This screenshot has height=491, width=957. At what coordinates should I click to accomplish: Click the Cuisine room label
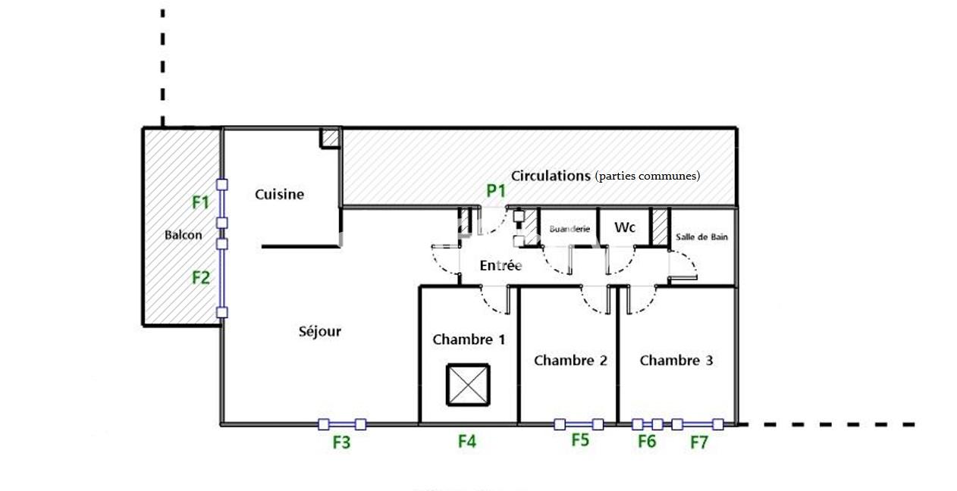click(x=279, y=195)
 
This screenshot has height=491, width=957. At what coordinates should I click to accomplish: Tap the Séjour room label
click(x=320, y=331)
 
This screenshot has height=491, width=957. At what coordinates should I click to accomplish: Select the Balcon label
click(x=184, y=235)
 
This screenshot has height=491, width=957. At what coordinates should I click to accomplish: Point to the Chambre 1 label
click(x=469, y=339)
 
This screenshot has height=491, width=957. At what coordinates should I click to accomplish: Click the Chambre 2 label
click(x=570, y=360)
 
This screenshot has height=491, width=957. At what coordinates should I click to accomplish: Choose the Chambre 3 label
click(x=676, y=360)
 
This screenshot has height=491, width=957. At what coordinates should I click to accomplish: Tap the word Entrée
click(x=500, y=266)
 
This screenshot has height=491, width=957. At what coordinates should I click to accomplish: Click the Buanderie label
click(x=569, y=228)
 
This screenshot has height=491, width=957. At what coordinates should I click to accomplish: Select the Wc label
click(x=625, y=227)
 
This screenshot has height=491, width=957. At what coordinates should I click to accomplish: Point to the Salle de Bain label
click(x=701, y=237)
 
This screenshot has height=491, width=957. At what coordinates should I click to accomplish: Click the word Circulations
click(x=551, y=176)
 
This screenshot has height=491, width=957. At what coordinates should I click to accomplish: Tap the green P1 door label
click(x=496, y=191)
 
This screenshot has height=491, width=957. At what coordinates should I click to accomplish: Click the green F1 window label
click(x=200, y=202)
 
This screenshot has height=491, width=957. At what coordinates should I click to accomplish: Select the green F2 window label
click(x=200, y=277)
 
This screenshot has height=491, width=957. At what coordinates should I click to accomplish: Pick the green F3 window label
click(x=342, y=443)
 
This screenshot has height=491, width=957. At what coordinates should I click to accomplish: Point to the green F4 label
click(x=467, y=440)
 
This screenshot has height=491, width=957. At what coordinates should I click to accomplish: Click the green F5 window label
click(x=580, y=439)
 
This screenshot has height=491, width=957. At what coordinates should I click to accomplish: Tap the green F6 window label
click(x=647, y=441)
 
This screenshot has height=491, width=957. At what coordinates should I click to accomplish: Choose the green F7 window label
click(x=698, y=443)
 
